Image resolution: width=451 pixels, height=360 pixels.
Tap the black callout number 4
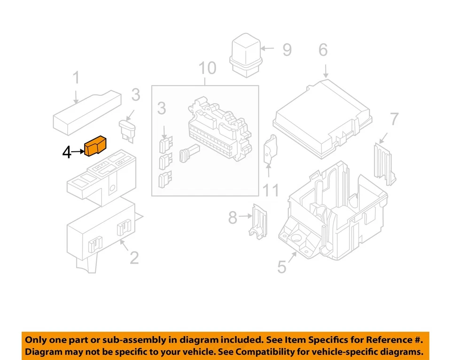point(67,152)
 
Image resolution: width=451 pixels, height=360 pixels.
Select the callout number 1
point(76,78)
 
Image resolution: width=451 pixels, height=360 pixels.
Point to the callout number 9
point(287,49)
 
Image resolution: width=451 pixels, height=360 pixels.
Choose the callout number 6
point(323,49)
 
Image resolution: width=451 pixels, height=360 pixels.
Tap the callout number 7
point(394,119)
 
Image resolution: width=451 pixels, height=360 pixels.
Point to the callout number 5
point(281,267)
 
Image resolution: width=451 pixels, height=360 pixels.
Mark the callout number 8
point(233,218)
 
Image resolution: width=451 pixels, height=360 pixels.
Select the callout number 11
point(270,190)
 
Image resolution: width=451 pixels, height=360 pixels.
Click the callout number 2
point(134,258)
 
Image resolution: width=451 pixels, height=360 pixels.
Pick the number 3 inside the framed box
point(161,109)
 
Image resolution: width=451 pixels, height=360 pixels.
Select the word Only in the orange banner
point(36,339)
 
